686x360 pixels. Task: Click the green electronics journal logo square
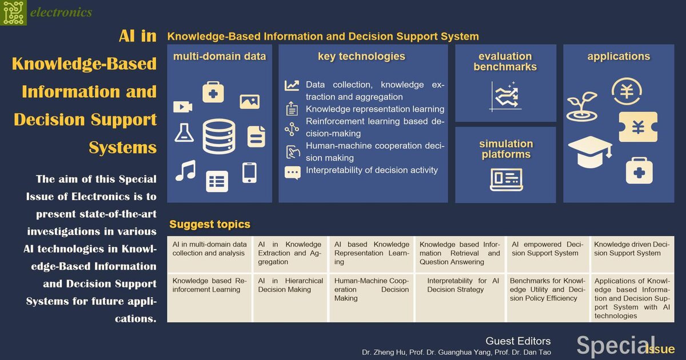[13, 13]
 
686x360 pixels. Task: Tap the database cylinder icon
[219, 137]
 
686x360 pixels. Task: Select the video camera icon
[183, 107]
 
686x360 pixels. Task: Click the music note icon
[186, 170]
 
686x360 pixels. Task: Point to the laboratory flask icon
[184, 133]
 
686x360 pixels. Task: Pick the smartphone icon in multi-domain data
[249, 173]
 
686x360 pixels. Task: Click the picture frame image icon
[250, 102]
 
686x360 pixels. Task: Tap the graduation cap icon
[590, 152]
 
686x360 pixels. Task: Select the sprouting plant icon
[582, 106]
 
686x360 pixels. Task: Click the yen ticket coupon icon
[638, 127]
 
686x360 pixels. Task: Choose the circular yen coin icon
[627, 91]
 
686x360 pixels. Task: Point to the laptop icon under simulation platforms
[506, 179]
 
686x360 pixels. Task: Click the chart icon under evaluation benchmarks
[505, 97]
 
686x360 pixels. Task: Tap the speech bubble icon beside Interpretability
[293, 173]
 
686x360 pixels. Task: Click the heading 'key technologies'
[361, 57]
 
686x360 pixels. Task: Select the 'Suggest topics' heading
[210, 224]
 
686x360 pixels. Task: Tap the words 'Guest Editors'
[518, 341]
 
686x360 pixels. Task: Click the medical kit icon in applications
[639, 171]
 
